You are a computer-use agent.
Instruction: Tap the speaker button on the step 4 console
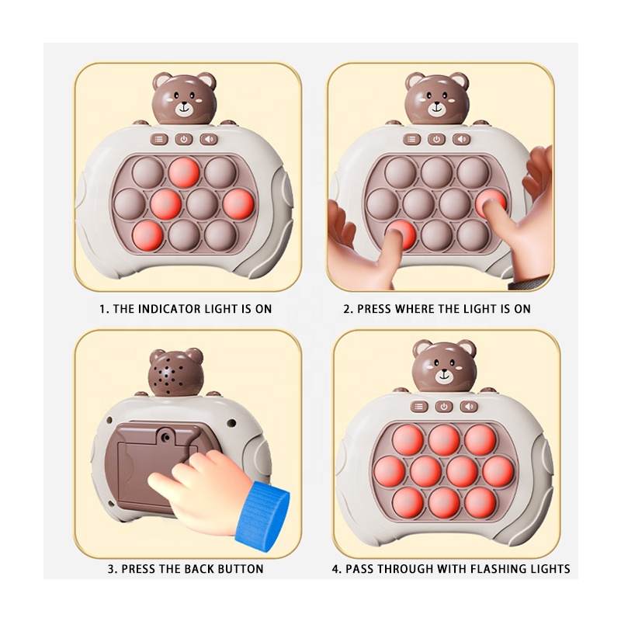[467, 406]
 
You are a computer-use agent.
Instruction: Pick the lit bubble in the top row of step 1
[184, 172]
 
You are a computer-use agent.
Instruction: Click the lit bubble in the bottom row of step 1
[147, 234]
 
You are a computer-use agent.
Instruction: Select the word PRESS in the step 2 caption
[373, 309]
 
